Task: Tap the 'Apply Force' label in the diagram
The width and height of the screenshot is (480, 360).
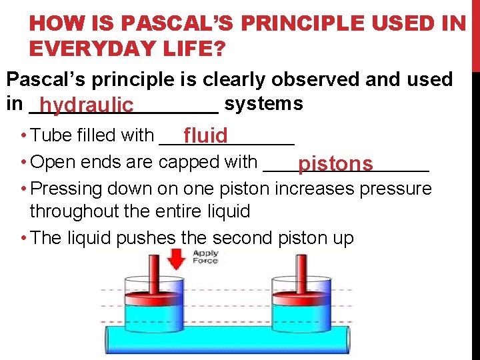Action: pos(205,257)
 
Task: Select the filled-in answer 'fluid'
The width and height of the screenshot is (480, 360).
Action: pos(206,137)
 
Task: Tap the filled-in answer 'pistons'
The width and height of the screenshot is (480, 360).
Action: pos(335,164)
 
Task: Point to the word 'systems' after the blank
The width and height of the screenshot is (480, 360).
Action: pos(264,104)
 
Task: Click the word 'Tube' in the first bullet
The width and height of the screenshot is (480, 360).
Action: pos(50,135)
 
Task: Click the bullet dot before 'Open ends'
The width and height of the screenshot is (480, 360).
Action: pos(23,163)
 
